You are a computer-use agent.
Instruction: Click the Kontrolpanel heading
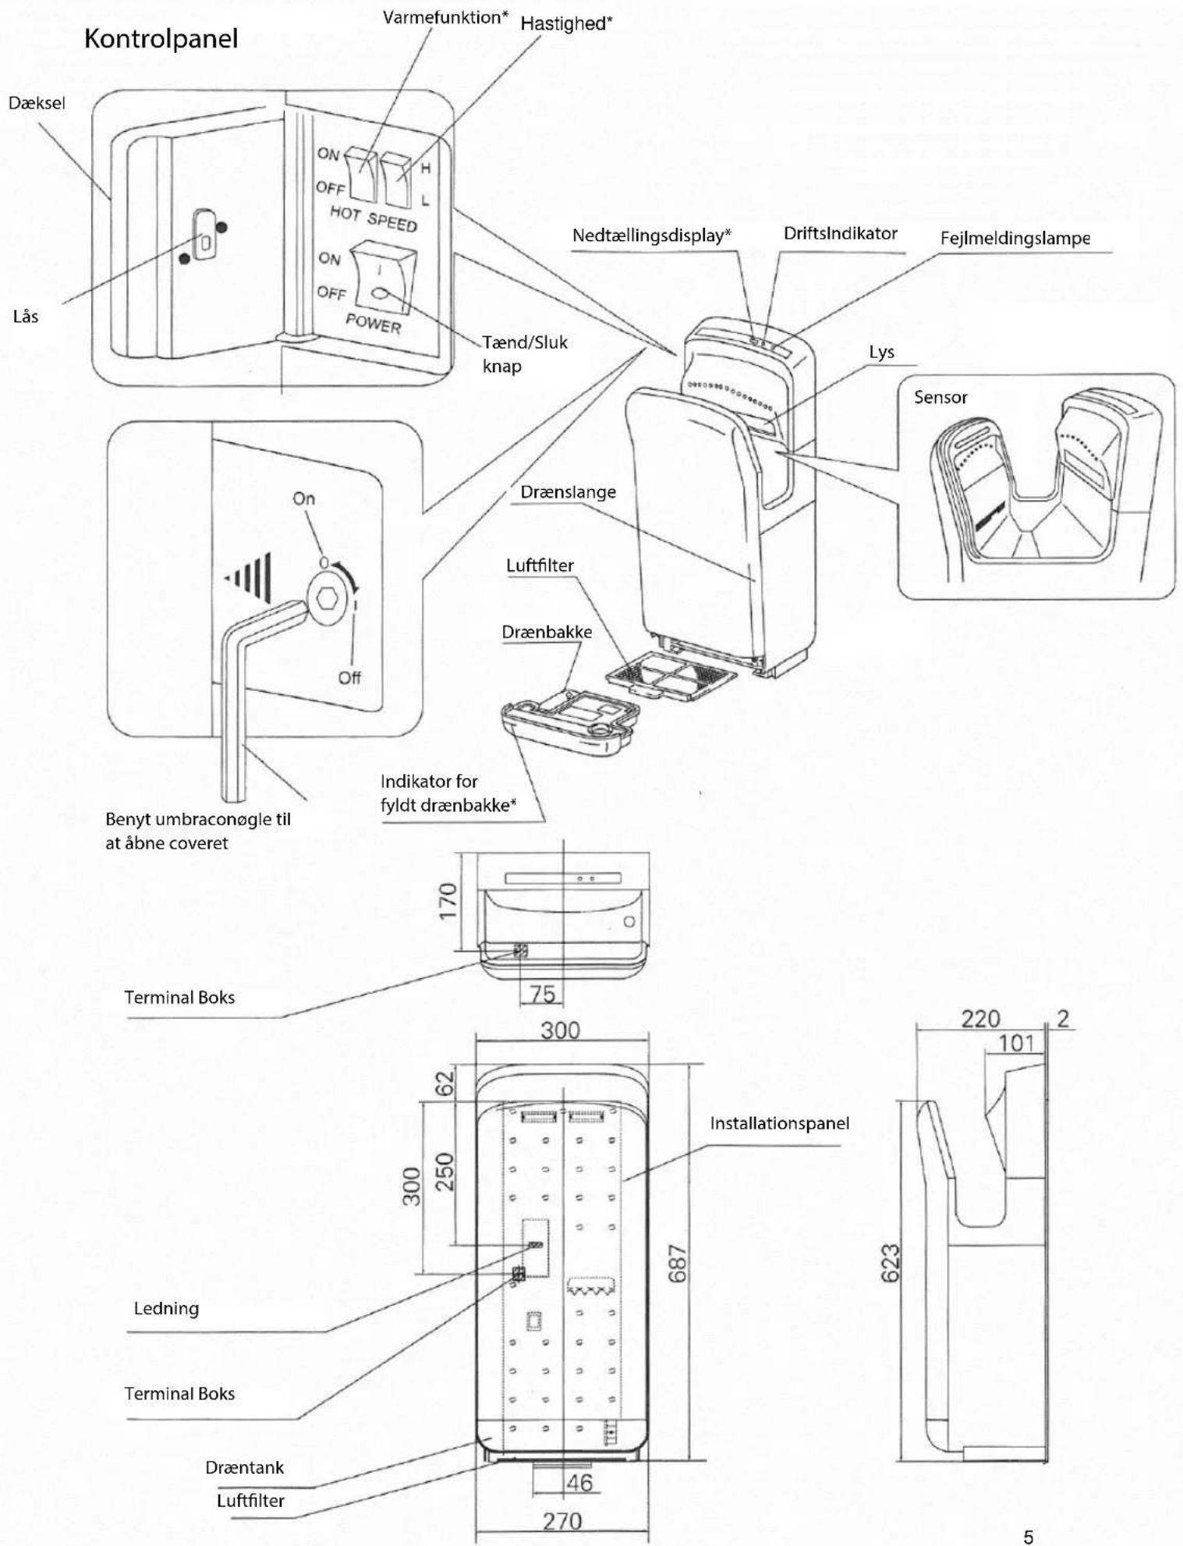pyautogui.click(x=161, y=38)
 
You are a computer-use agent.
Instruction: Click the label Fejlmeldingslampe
pyautogui.click(x=1015, y=239)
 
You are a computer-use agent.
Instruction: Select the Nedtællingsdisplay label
pyautogui.click(x=651, y=236)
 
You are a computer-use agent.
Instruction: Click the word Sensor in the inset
pyautogui.click(x=940, y=397)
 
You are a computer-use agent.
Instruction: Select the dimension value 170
pyautogui.click(x=448, y=901)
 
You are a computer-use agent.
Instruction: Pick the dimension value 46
pyautogui.click(x=579, y=1482)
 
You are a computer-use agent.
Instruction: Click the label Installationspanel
pyautogui.click(x=779, y=1123)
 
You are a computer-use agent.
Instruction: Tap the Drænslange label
pyautogui.click(x=568, y=492)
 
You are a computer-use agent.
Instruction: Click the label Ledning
pyautogui.click(x=166, y=1309)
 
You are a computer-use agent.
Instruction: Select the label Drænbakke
pyautogui.click(x=547, y=632)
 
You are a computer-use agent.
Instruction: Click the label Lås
pyautogui.click(x=26, y=316)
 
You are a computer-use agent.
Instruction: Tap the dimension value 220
pyautogui.click(x=980, y=1018)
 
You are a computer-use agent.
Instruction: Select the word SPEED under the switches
pyautogui.click(x=392, y=222)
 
